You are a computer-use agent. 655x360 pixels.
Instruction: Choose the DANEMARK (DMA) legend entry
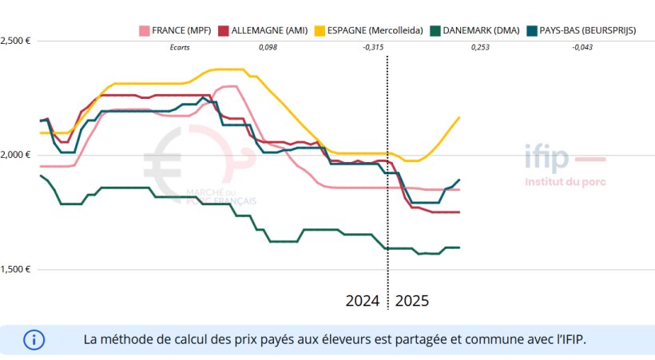click(x=476, y=30)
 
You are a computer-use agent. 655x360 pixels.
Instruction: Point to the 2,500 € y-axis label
click(x=15, y=40)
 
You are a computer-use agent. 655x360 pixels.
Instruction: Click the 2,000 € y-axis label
click(x=15, y=154)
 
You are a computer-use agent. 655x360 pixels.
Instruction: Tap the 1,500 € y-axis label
click(x=15, y=269)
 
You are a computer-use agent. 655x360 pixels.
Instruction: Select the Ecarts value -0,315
click(x=372, y=48)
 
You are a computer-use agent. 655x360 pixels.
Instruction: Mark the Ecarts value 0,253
click(x=479, y=48)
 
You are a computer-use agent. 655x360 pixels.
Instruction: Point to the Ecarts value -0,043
click(x=582, y=48)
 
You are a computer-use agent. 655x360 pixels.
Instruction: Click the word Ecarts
click(x=180, y=48)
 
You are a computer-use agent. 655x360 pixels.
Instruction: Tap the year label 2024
click(x=363, y=301)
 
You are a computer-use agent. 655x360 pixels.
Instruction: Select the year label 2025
click(x=412, y=301)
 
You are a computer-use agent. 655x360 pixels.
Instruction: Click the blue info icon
click(x=34, y=339)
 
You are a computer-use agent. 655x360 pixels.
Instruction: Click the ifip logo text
click(x=546, y=158)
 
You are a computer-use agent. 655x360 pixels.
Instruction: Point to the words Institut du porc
click(x=565, y=181)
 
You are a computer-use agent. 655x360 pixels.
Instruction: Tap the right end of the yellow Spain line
click(x=459, y=118)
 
